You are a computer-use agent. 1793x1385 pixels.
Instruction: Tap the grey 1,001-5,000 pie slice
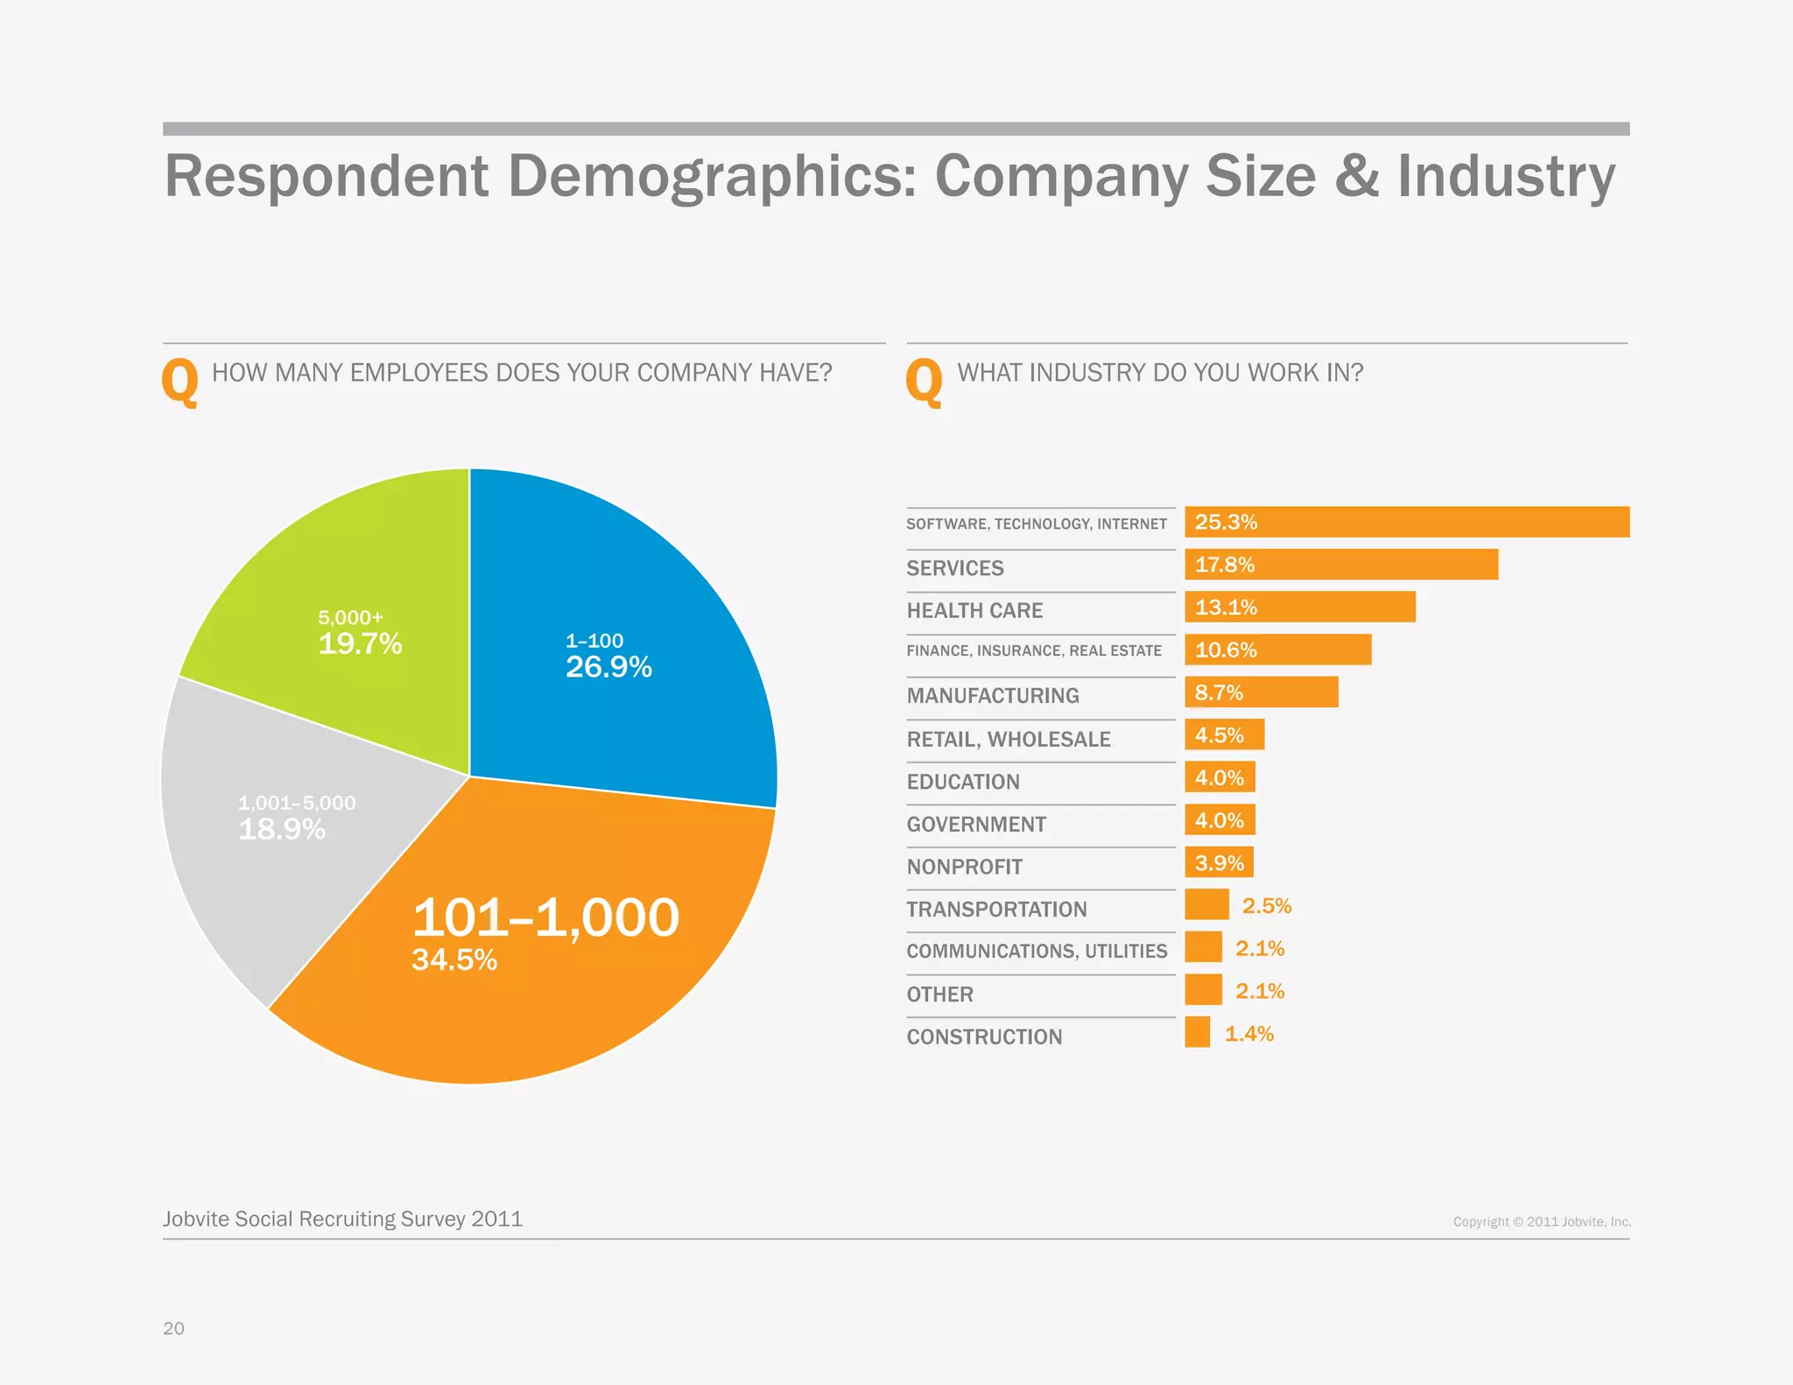click(280, 840)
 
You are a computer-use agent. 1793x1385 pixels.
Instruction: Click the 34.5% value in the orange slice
click(454, 960)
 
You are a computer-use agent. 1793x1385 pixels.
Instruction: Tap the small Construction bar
click(1197, 1032)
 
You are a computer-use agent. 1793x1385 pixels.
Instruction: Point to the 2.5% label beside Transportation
click(1266, 906)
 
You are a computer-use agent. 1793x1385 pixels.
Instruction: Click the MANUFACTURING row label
click(992, 696)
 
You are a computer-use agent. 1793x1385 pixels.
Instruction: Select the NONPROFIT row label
click(964, 867)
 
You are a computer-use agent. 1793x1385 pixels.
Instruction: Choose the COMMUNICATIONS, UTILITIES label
click(1037, 952)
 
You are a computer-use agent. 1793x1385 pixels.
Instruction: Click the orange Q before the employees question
click(179, 382)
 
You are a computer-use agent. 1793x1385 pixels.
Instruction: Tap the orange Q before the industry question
click(924, 382)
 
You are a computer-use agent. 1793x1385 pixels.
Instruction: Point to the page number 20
click(173, 1328)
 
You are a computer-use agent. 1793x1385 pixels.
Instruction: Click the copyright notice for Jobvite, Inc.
click(1541, 1221)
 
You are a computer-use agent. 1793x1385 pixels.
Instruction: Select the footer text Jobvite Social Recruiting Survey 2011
click(342, 1219)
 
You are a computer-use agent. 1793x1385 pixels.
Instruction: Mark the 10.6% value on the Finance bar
click(1225, 650)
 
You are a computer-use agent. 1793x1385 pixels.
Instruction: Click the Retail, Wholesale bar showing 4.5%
click(1224, 735)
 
